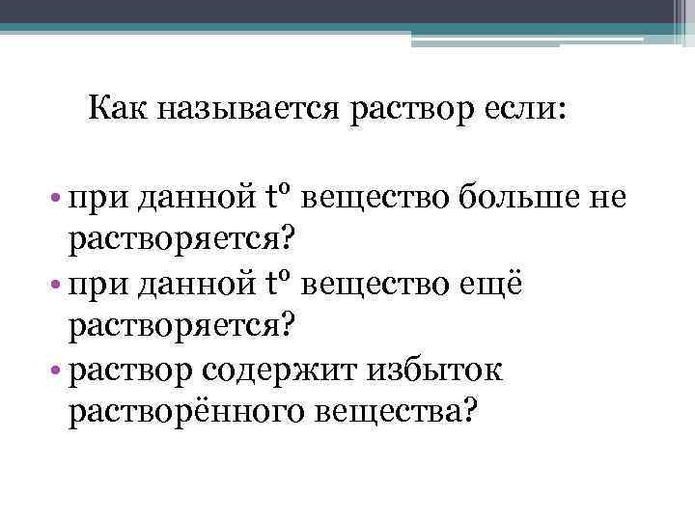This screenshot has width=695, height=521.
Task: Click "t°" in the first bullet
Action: pos(277,196)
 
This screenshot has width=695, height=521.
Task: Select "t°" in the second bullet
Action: pos(277,282)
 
